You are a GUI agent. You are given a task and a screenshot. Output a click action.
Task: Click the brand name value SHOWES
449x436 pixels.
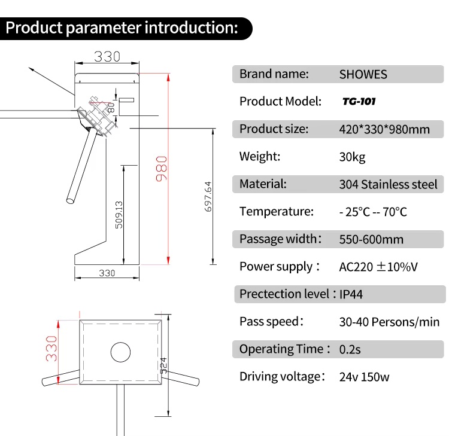(363, 74)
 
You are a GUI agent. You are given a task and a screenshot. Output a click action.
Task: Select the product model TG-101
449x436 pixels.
(359, 101)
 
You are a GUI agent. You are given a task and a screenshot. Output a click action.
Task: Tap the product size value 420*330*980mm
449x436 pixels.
(384, 129)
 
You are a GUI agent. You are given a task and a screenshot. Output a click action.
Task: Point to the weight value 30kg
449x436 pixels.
(352, 157)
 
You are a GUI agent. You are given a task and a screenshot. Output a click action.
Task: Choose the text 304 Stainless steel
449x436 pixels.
(389, 184)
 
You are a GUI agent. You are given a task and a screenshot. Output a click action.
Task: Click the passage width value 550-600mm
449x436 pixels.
(371, 239)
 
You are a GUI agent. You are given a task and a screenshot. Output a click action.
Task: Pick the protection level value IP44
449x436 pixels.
(351, 294)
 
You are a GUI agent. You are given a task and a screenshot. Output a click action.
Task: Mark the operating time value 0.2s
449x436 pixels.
(350, 349)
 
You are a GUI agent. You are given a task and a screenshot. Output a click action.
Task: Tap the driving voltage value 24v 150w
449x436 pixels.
(364, 377)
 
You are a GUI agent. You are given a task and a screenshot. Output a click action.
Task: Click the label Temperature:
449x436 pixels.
(277, 212)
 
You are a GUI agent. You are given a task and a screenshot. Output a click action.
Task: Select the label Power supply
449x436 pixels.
(276, 267)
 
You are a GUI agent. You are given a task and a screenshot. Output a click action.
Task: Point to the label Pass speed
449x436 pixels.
(269, 322)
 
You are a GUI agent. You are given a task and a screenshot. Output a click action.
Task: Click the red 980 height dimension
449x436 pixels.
(162, 169)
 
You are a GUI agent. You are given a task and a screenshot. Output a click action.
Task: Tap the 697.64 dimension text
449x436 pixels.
(208, 197)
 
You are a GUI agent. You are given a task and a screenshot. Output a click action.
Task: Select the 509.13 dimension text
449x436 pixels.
(119, 215)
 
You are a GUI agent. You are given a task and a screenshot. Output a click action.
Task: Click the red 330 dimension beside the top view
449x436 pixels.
(51, 349)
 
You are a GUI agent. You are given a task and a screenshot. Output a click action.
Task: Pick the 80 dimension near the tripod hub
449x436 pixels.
(111, 108)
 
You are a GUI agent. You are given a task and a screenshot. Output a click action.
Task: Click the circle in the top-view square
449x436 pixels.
(120, 343)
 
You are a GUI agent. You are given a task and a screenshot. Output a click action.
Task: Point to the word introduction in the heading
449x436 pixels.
(191, 28)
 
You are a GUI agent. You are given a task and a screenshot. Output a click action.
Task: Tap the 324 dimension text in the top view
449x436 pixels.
(163, 365)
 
